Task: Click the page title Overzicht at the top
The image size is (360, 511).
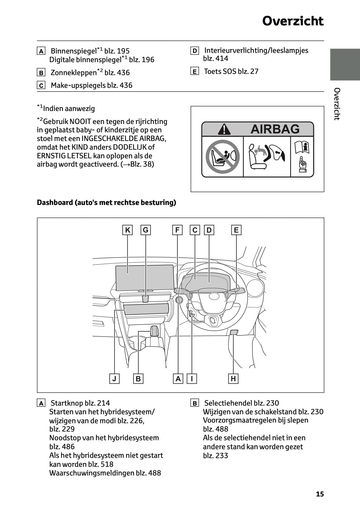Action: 293,21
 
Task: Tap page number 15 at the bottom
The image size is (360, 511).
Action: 320,494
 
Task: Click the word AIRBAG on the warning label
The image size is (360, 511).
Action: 275,129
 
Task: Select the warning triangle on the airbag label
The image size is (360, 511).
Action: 224,129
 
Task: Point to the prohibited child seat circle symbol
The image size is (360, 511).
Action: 222,156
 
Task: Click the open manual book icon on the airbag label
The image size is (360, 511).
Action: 302,147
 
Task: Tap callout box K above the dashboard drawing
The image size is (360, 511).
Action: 127,230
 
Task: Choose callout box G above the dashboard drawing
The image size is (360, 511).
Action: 146,230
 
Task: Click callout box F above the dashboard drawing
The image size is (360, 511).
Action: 177,230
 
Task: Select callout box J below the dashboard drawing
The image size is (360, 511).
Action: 114,379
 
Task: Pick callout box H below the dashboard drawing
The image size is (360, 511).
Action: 233,379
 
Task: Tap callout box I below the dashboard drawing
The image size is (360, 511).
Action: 192,379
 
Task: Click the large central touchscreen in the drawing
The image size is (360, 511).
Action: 145,277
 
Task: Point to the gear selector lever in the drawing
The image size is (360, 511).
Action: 154,331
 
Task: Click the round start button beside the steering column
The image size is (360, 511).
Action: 179,300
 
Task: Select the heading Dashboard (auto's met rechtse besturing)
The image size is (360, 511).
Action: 106,202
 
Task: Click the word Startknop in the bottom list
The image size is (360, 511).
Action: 67,403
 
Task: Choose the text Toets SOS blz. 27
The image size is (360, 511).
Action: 231,71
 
